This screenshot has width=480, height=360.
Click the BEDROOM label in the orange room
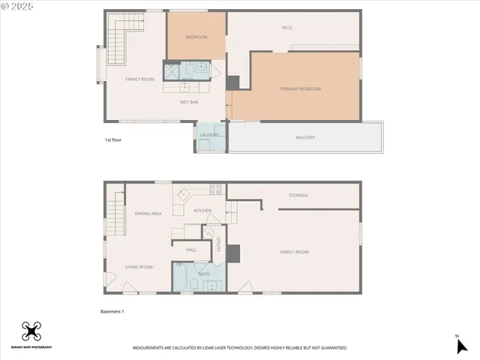click(196, 37)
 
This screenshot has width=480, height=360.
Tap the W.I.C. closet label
click(287, 28)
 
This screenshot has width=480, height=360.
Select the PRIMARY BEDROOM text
click(301, 88)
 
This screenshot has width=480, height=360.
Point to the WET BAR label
click(189, 101)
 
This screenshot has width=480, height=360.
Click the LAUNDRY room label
click(209, 135)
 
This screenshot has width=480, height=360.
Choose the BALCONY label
click(304, 137)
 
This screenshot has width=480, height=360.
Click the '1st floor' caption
click(114, 140)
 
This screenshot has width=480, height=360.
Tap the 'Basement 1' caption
click(112, 310)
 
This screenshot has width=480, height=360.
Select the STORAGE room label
click(298, 196)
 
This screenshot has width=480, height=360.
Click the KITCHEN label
click(202, 211)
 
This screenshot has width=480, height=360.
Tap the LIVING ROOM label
click(139, 267)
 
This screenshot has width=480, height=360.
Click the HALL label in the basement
click(190, 249)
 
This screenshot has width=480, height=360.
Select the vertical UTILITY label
click(218, 244)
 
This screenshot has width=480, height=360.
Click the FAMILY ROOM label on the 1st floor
click(139, 79)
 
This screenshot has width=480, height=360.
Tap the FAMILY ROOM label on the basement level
click(294, 252)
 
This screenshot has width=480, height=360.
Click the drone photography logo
click(31, 331)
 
